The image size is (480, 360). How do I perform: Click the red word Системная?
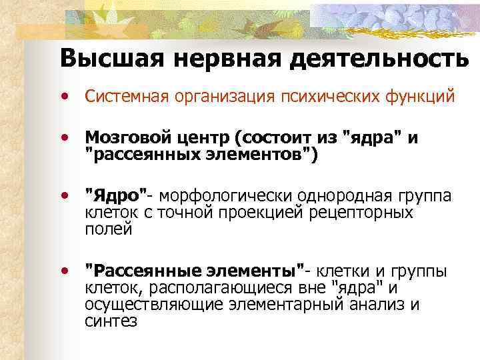(125, 97)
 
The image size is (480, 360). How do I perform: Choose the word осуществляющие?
(154, 305)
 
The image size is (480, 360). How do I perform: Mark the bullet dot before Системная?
(65, 97)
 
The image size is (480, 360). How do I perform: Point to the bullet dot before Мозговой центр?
(65, 138)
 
